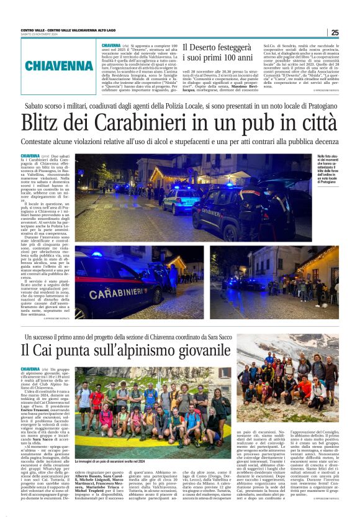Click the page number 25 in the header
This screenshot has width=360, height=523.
(x=335, y=32)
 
